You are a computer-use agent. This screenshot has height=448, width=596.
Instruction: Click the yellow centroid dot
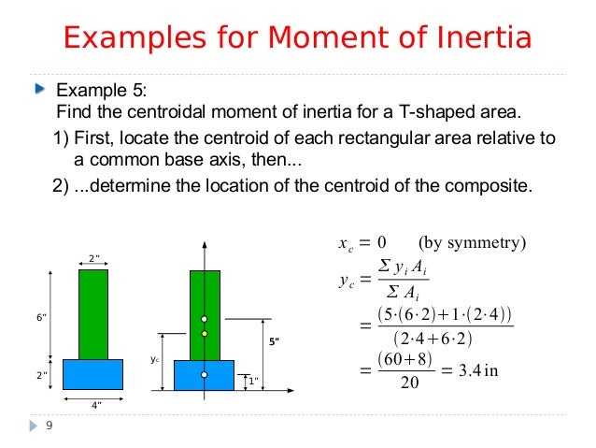tap(205, 333)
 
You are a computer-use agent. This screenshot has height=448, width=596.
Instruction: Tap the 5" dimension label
tap(274, 341)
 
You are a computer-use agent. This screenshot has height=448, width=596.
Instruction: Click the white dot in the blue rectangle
tap(205, 374)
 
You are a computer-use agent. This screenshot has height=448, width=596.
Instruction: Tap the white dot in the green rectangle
tap(205, 319)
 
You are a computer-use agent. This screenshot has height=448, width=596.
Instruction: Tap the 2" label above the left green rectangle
tap(92, 258)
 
